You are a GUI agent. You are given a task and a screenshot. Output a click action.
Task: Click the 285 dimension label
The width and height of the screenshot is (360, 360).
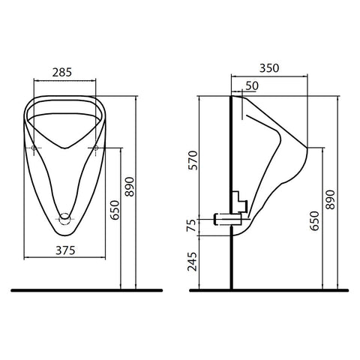coord(62,73)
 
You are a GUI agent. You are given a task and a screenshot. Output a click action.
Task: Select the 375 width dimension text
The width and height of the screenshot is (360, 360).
coord(65,250)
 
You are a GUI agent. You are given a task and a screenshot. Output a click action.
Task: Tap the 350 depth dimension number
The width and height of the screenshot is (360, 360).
coord(269,68)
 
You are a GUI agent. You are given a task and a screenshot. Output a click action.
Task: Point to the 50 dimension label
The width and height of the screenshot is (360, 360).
coord(252,86)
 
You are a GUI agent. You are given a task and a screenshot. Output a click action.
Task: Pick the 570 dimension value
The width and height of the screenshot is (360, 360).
coord(193,160)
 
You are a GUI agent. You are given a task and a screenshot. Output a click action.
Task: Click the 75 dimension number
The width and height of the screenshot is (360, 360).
coord(193,225)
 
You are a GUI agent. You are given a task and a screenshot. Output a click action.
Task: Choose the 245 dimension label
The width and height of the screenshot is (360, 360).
coord(193,262)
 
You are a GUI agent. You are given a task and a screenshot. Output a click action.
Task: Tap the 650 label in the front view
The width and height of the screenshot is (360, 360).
coord(115,210)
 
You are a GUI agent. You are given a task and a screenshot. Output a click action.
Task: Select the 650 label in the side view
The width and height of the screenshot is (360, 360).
coord(315,220)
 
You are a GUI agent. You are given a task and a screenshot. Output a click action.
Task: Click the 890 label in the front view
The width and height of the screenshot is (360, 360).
coord(130,187)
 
